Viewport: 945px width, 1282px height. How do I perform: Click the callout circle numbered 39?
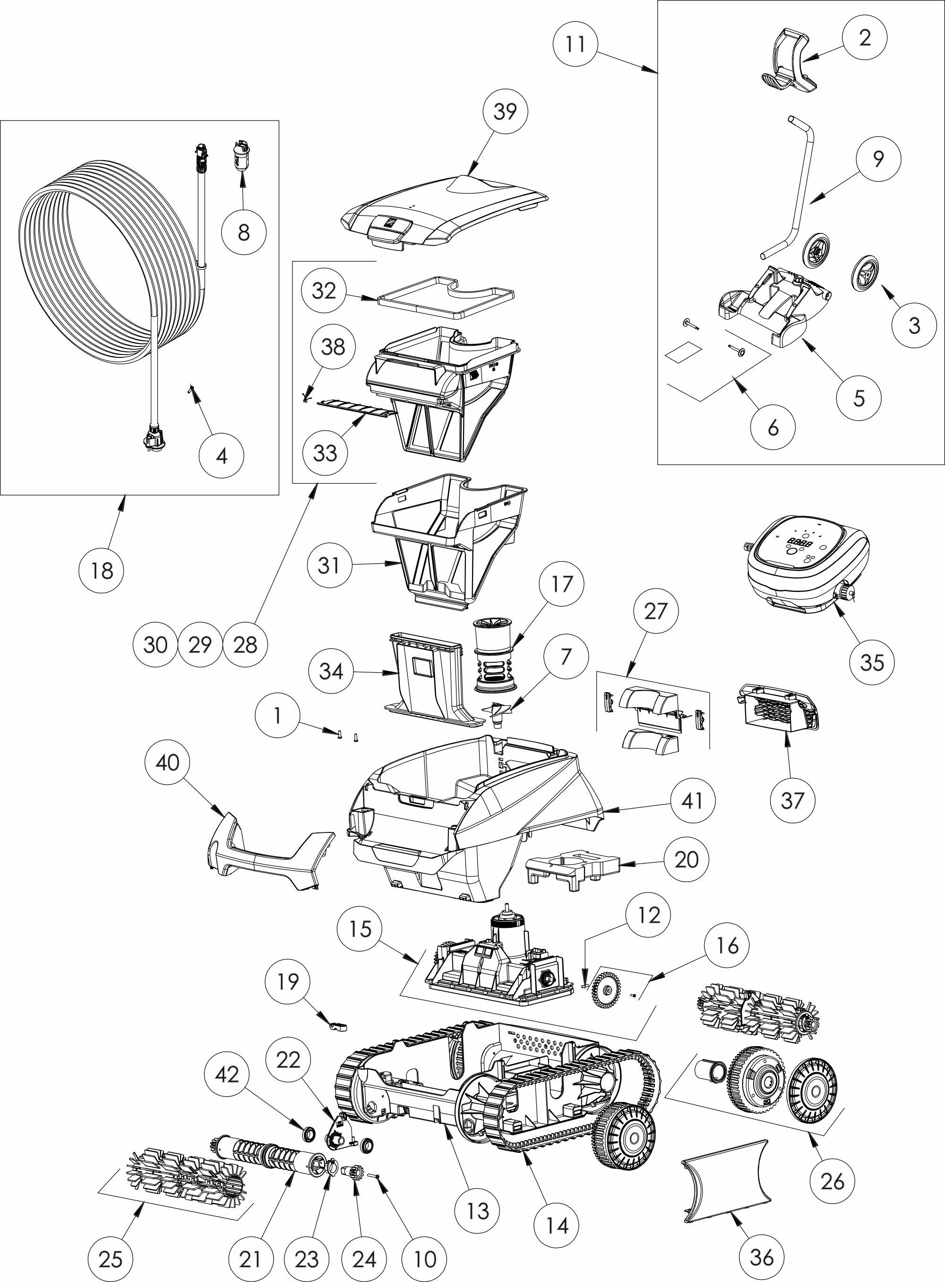505,111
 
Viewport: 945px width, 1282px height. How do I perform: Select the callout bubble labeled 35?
872,662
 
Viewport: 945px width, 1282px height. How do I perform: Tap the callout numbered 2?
864,37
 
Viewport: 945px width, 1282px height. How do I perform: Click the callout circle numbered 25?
111,1258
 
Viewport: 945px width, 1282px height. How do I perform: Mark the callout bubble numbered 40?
167,762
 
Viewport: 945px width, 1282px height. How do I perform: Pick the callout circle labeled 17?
561,584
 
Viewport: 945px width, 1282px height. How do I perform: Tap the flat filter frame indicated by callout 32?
446,296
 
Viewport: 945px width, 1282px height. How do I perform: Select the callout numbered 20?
687,859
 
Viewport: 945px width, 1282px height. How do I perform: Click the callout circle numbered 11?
576,44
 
